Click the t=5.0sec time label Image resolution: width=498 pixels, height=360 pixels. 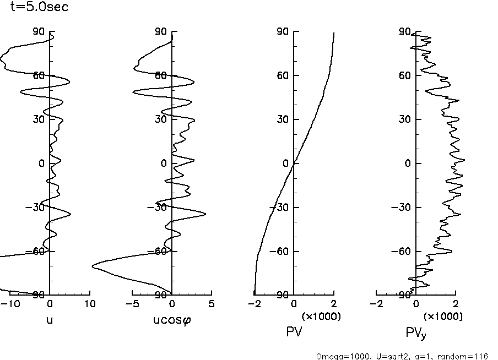pos(39,8)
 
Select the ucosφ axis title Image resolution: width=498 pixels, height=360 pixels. pos(172,319)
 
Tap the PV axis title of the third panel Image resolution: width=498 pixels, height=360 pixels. pos(294,331)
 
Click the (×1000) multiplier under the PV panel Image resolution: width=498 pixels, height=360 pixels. pos(321,317)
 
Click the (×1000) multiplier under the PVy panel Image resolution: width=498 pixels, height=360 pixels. pos(443,317)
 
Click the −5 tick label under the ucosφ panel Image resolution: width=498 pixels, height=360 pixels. pos(130,303)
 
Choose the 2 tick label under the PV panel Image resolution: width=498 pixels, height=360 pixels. pos(334,303)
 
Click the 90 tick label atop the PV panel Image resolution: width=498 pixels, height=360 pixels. pos(283,31)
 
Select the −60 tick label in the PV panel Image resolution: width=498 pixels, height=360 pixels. pos(281,252)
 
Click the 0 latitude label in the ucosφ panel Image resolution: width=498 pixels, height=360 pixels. pos(164,163)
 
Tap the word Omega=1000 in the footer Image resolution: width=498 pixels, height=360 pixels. pos(339,356)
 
